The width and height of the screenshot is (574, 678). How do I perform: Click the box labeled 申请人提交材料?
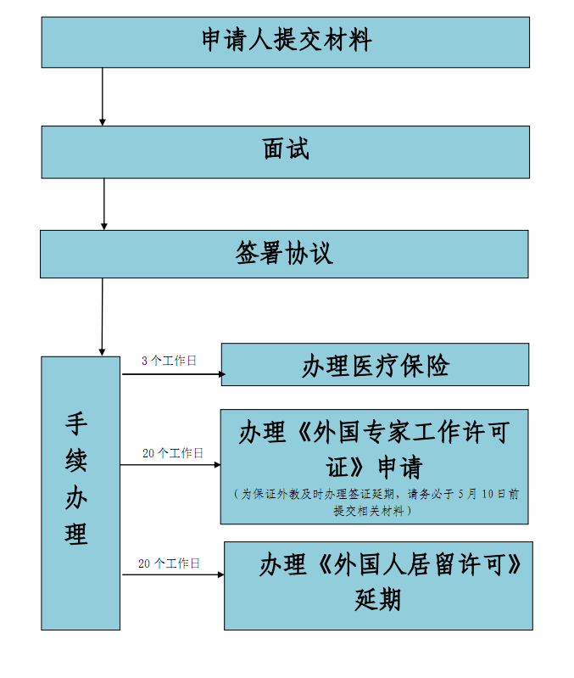tap(286, 42)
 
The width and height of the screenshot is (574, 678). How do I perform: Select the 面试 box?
tap(286, 152)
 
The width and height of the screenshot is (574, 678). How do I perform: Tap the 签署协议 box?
tap(284, 255)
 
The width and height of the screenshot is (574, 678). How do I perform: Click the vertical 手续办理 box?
tap(81, 493)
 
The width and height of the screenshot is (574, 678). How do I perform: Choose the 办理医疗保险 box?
tap(375, 365)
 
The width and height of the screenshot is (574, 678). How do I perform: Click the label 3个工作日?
tap(169, 361)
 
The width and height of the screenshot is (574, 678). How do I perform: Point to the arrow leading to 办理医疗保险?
tap(174, 374)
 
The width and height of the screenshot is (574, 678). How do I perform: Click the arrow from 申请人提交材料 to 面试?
tap(103, 97)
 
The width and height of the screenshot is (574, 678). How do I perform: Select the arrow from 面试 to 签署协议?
tap(103, 205)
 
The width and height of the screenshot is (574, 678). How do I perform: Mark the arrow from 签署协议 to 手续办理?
tap(103, 317)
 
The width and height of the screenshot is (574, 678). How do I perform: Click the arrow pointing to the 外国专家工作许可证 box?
tap(170, 465)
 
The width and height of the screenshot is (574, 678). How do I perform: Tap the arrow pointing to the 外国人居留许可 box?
tap(173, 574)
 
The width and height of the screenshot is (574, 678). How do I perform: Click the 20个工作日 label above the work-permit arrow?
tap(173, 453)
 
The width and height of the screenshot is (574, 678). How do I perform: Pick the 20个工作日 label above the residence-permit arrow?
tap(169, 563)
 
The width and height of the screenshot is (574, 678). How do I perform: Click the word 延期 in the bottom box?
tap(378, 600)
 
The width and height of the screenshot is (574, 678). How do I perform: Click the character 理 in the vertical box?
tap(76, 534)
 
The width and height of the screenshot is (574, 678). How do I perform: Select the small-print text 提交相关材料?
tap(369, 511)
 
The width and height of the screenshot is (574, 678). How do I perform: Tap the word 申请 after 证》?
tap(400, 468)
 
